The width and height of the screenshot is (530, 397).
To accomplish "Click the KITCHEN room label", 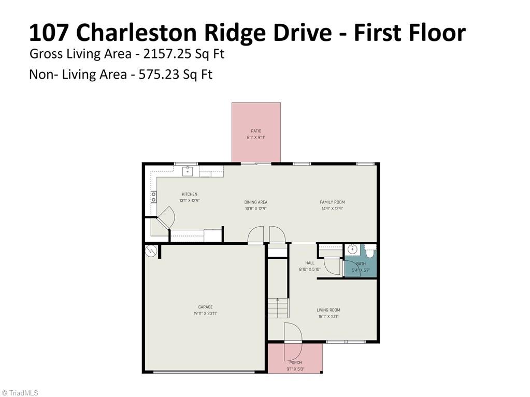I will coord(189,194).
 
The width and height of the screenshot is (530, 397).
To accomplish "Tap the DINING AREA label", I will coord(255,202).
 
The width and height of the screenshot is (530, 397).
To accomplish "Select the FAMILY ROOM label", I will coord(332,202).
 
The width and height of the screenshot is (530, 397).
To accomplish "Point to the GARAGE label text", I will coord(205,307).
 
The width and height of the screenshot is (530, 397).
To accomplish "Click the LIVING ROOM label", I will coord(328,310).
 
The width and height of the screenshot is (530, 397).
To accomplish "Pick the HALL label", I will coord(310,263).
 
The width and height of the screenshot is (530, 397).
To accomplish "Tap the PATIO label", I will coord(256,131).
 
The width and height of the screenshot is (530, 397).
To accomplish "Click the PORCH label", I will coord(295,363).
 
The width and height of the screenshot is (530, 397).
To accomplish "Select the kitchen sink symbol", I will coord(188,171).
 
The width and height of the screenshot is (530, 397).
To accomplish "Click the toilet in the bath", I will coord(369,252).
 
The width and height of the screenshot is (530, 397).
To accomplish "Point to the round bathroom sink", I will coord(352,249).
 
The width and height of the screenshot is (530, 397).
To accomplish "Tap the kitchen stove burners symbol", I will coord(153,197).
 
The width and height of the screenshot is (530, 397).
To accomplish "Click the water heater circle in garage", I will coord(151,251).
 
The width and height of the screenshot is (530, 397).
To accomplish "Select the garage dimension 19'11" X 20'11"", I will coord(205,313).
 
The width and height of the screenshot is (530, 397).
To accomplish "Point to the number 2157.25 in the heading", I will coord(167,54).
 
